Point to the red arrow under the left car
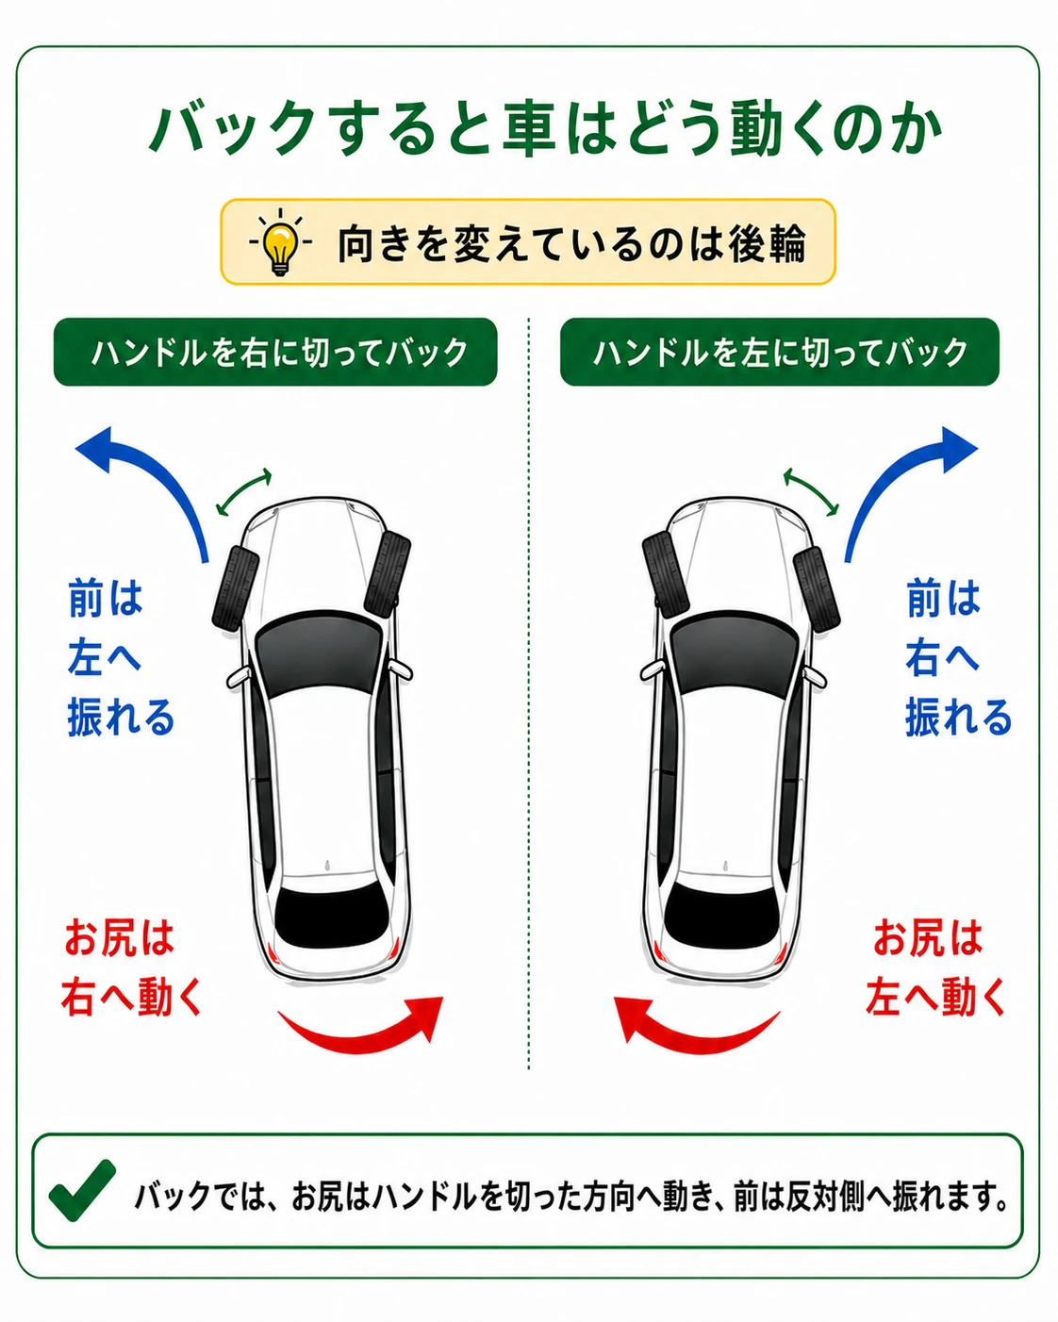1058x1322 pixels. pos(362,1033)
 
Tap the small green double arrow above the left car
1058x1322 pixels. pos(244,492)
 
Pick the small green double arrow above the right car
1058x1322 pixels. pos(810,492)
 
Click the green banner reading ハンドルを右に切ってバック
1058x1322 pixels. pos(275,352)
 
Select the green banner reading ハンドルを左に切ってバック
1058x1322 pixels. pos(780,352)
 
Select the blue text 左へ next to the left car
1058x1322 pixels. pos(105,657)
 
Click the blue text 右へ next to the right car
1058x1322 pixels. pos(942,657)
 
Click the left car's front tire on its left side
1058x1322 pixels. pos(236,587)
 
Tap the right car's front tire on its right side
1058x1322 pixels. pos(817,587)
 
